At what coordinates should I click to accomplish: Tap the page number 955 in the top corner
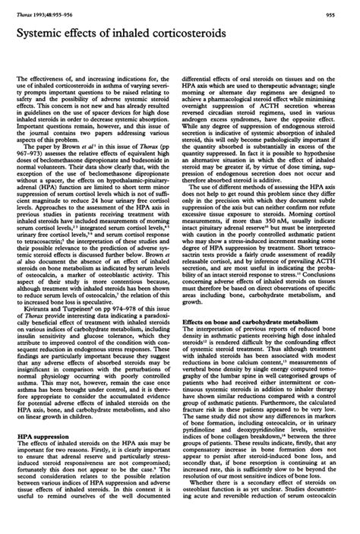[x=345, y=6]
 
